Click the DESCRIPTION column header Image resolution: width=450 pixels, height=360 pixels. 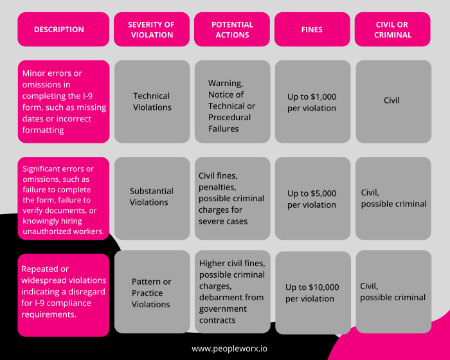pyautogui.click(x=64, y=30)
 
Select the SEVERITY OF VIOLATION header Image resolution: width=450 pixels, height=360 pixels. pyautogui.click(x=152, y=30)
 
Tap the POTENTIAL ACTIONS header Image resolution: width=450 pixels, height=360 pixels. pyautogui.click(x=232, y=30)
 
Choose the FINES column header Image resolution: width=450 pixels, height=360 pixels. pyautogui.click(x=312, y=30)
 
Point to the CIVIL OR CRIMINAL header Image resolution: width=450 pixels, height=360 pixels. pyautogui.click(x=393, y=30)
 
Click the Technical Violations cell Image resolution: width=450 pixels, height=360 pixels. pyautogui.click(x=152, y=102)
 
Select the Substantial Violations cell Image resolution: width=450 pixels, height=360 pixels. pyautogui.click(x=152, y=199)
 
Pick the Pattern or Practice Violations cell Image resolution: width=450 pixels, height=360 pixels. pyautogui.click(x=152, y=292)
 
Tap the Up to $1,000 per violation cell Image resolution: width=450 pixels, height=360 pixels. pyautogui.click(x=313, y=102)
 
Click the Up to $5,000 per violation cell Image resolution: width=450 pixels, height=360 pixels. pyautogui.click(x=313, y=199)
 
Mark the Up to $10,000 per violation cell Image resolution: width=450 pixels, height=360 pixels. pyautogui.click(x=313, y=293)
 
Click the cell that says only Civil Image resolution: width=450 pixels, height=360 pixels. pyautogui.click(x=393, y=102)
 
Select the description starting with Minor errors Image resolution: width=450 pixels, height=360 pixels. pyautogui.click(x=64, y=102)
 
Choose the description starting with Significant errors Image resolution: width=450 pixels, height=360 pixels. pyautogui.click(x=64, y=199)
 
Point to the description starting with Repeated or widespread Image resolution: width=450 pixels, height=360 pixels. pyautogui.click(x=64, y=295)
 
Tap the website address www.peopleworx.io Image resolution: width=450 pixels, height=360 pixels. pyautogui.click(x=230, y=349)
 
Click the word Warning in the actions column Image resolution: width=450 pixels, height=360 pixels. pyautogui.click(x=226, y=84)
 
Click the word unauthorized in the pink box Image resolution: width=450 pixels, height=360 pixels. pyautogui.click(x=46, y=231)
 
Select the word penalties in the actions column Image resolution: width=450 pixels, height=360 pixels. pyautogui.click(x=217, y=188)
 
